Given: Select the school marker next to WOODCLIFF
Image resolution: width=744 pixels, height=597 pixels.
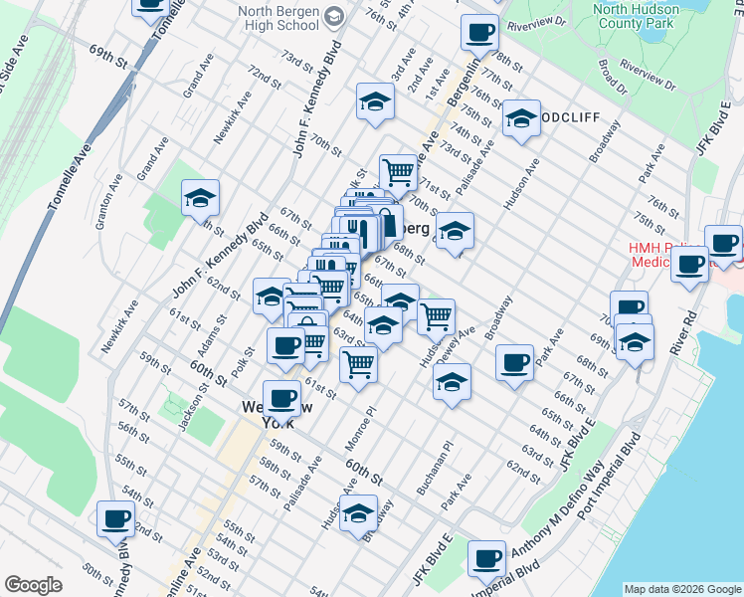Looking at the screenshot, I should click(520, 118).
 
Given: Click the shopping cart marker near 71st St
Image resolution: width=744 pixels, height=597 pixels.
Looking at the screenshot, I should click(398, 171).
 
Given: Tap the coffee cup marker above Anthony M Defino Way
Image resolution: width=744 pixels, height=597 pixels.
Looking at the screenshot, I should click(513, 362).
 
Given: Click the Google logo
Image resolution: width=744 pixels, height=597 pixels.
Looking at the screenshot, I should click(35, 585).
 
